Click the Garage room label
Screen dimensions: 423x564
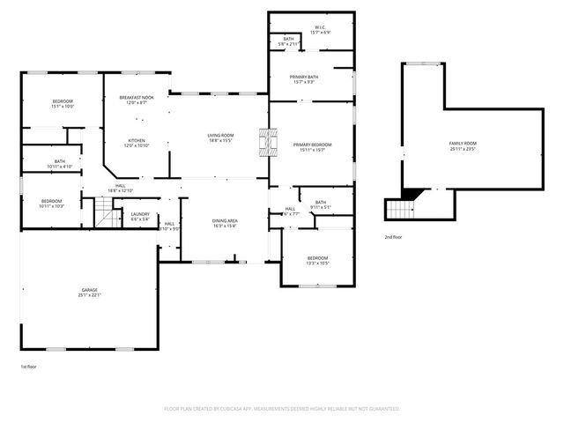[x=90, y=292]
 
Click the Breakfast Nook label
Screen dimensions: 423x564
[x=137, y=100]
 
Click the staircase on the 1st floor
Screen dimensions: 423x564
[x=106, y=212]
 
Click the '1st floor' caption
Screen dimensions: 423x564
[x=29, y=366]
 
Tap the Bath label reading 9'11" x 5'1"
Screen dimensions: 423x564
[x=320, y=204]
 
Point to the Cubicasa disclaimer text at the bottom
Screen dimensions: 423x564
[x=282, y=409]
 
